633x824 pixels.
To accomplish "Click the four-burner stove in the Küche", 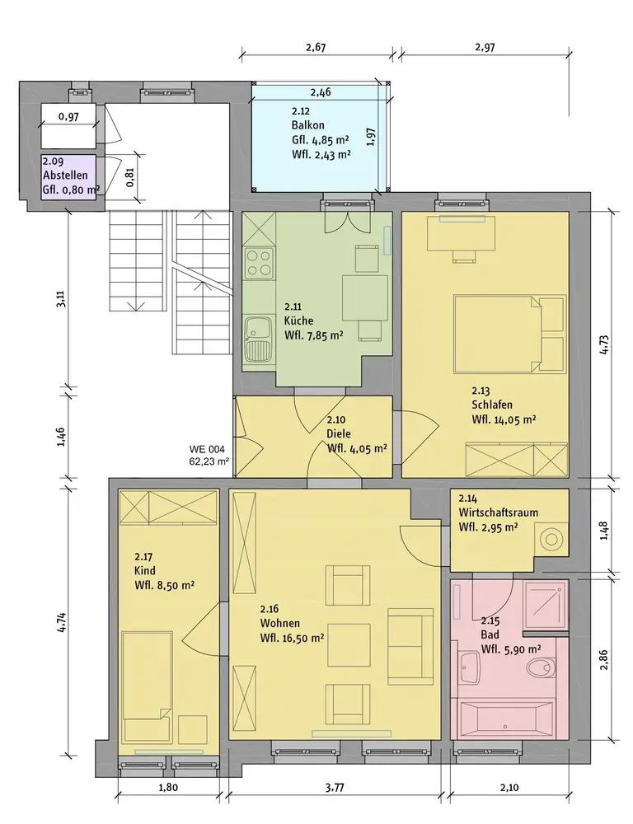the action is (259, 263).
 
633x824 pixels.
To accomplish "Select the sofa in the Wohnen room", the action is (410, 646).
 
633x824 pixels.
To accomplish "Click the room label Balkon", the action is (307, 125).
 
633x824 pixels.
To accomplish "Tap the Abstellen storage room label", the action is (65, 176).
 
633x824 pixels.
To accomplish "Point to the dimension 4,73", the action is (603, 344).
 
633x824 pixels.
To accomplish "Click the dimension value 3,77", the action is (335, 787).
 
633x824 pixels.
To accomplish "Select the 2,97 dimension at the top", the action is (485, 47).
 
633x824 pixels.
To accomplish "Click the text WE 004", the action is (207, 449).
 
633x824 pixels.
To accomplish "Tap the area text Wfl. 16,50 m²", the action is (292, 638).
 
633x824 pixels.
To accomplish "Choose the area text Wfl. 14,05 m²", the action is (504, 419).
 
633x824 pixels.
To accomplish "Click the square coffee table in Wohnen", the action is (349, 645).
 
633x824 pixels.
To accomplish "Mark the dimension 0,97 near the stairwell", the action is (69, 116).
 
